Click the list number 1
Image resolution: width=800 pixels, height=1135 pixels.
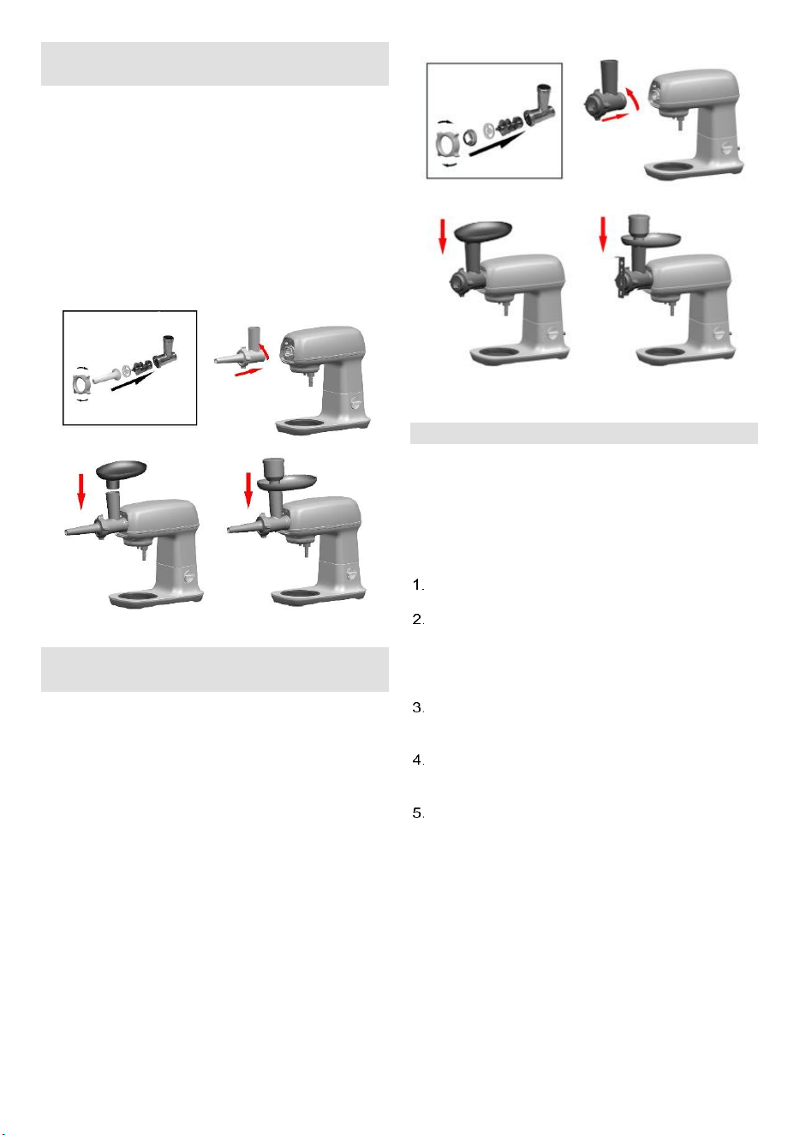pos(418,586)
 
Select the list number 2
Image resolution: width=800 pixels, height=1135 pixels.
pos(418,620)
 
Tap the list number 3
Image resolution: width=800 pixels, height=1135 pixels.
pos(418,708)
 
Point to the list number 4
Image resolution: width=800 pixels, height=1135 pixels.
pos(418,760)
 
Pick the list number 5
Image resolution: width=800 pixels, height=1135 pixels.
pos(418,814)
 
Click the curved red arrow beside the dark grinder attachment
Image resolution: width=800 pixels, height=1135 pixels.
pos(633,99)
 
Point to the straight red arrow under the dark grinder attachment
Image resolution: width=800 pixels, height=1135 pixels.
pos(615,117)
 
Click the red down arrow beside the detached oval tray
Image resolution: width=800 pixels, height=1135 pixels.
pos(81,490)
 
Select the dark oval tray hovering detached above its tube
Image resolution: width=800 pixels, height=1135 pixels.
pos(121,470)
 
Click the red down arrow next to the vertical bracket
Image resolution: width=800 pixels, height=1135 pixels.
pos(603,234)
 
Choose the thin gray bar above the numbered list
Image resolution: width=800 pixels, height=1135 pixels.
pos(584,433)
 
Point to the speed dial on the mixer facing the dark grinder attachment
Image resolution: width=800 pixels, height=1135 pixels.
pos(727,147)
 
